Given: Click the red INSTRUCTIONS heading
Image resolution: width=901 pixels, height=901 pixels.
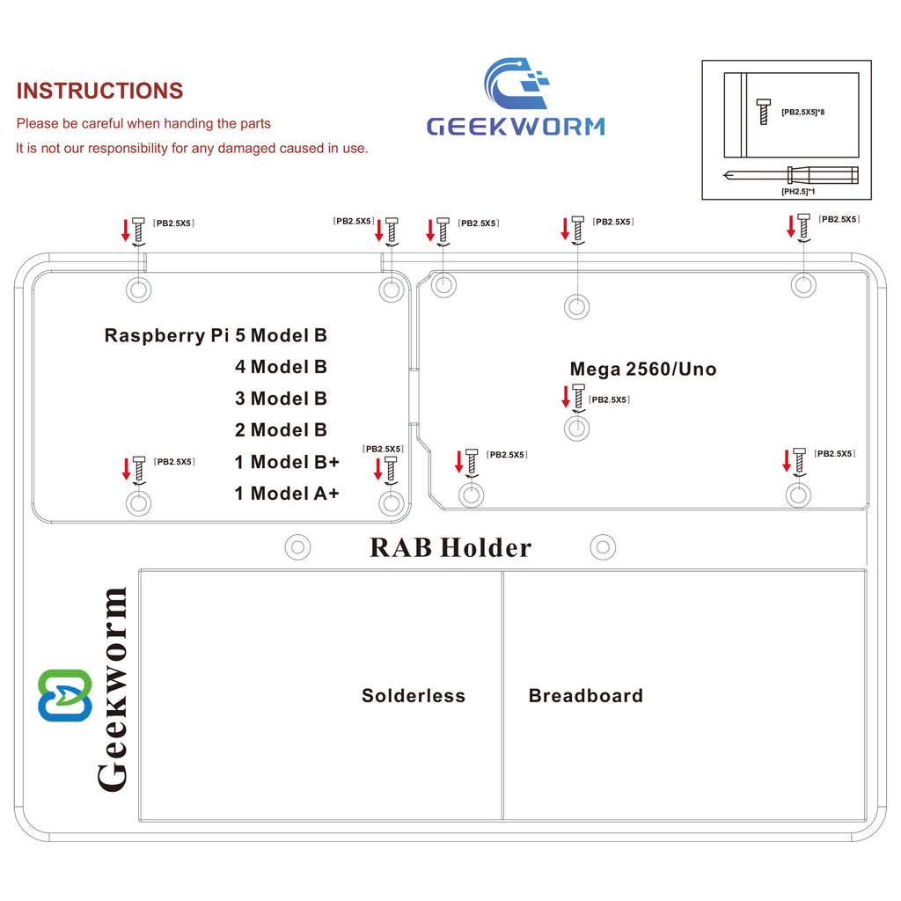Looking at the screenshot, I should tap(99, 91).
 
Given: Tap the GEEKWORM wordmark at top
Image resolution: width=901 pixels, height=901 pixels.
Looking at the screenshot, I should tap(516, 125).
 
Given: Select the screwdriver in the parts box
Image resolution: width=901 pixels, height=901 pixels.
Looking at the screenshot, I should tap(790, 174).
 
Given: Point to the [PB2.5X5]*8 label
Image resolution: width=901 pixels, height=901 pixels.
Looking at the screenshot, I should tap(802, 112).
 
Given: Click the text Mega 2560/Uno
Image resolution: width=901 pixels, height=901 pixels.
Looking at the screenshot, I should tap(643, 370).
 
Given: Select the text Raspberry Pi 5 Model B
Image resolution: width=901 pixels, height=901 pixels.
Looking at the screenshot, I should tap(216, 335).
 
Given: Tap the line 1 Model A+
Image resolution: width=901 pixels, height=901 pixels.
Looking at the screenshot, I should tap(286, 494).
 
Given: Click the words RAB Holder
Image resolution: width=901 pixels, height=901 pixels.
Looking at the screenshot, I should tap(450, 547).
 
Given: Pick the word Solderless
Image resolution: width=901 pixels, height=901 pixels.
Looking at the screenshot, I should tap(414, 696).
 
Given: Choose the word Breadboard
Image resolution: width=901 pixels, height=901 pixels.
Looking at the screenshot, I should tap(586, 696).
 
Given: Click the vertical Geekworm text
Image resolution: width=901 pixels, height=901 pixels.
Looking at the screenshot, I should tap(113, 689).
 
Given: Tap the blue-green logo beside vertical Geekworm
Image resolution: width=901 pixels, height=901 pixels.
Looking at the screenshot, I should tap(64, 695).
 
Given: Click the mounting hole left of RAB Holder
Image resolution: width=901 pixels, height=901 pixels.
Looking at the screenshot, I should tap(298, 547).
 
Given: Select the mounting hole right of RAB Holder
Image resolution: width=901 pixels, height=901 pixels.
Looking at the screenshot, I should tap(602, 547).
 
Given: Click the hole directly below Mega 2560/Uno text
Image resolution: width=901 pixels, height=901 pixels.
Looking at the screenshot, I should tap(576, 429).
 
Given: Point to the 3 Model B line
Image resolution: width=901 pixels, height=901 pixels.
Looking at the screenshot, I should tap(281, 399).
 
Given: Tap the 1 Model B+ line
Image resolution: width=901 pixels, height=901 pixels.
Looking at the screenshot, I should tap(287, 462).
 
